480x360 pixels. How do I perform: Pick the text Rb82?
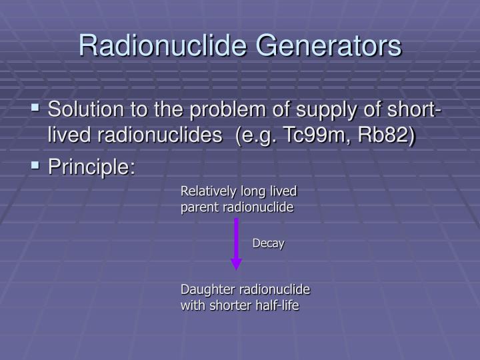click(380, 135)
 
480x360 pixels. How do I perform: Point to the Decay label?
click(268, 243)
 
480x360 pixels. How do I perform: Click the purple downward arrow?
click(235, 240)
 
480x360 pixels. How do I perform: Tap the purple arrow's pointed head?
click(235, 265)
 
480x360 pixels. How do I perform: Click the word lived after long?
click(282, 192)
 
